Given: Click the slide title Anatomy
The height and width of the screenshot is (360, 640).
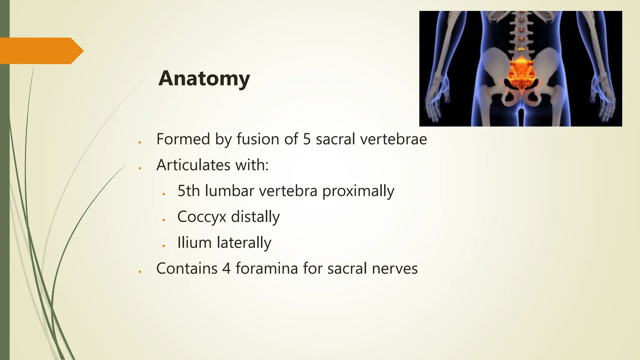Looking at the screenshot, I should pos(204,78).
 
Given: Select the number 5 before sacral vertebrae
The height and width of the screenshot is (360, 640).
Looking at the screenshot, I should pos(307,139).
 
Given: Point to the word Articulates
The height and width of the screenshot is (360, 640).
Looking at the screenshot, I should pos(193,165).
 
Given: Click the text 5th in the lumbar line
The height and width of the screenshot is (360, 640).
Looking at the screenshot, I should pos(188,191).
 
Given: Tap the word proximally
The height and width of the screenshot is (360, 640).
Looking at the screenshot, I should pos(358,191).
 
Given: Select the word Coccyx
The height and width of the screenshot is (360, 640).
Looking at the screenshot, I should pos(202,217).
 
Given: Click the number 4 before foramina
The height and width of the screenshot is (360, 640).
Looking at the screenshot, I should pos(226,268).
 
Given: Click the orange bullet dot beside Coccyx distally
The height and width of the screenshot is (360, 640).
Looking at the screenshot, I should pos(163,220).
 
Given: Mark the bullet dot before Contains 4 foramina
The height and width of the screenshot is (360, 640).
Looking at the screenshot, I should pos(140,272).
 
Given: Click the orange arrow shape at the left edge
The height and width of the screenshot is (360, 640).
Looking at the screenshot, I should pos(41,51).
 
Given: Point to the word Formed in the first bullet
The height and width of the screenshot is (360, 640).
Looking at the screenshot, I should pos(183,139).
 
